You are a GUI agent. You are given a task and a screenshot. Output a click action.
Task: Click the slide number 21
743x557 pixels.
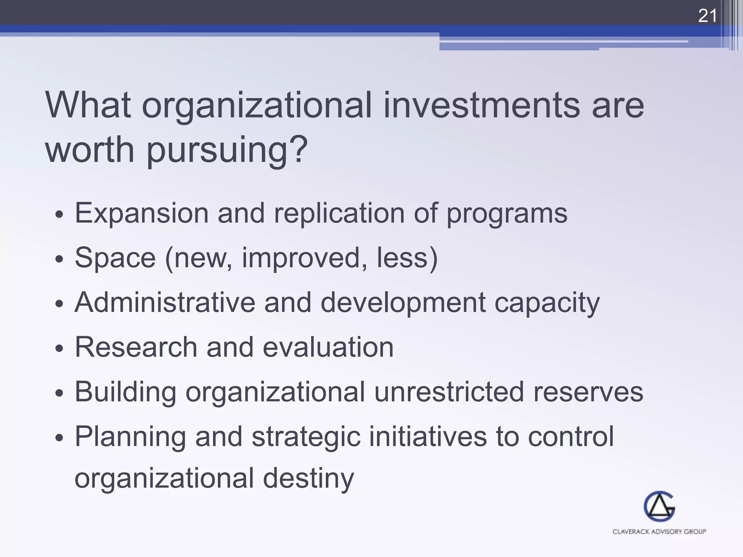tap(707, 16)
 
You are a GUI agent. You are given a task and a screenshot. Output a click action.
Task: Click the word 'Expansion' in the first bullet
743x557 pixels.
tap(141, 214)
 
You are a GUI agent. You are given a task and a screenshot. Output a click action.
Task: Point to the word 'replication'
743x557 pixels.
tap(339, 213)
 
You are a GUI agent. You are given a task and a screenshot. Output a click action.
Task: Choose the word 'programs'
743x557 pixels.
tap(506, 214)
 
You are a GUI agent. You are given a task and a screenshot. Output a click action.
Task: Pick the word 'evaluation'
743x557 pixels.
tap(328, 347)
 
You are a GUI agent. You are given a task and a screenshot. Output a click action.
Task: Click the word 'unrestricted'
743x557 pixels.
tap(449, 392)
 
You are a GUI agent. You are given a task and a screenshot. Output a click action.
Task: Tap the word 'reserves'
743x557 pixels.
tap(588, 392)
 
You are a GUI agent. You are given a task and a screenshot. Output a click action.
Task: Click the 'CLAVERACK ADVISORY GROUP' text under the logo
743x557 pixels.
tap(659, 532)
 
